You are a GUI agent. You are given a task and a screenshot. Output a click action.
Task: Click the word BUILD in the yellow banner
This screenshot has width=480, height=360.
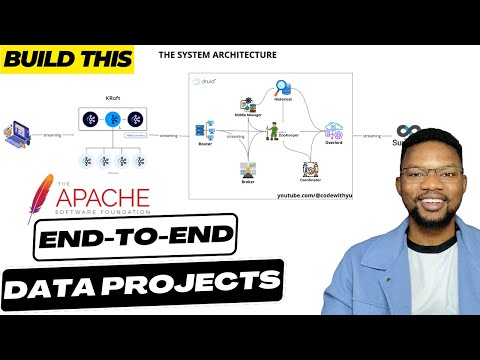tap(34, 59)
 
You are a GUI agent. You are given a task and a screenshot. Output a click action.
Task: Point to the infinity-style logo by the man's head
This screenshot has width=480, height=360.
tap(406, 132)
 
